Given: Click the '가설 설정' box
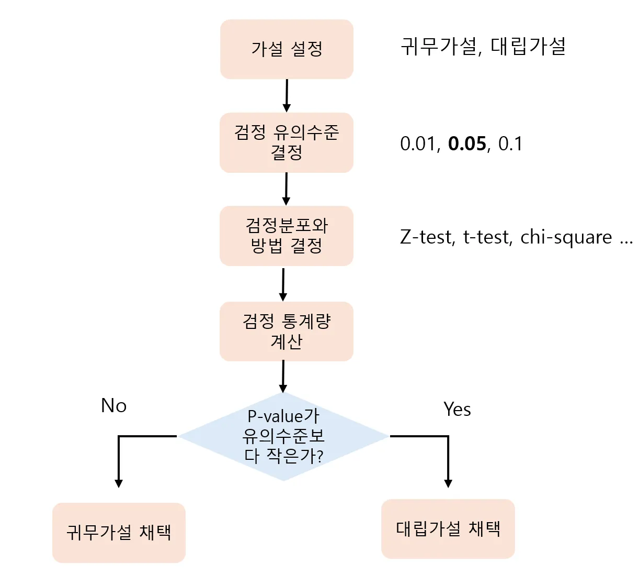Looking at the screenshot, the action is (287, 49).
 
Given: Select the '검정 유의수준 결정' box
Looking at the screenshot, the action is (287, 142).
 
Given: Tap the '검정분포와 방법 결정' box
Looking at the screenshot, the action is (287, 236).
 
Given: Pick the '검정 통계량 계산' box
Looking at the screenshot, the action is (287, 331).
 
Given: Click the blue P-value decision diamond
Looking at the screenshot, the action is (283, 436).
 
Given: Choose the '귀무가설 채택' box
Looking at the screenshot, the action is (119, 533).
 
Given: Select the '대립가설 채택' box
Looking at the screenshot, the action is (448, 528).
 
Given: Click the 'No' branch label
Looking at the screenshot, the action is (113, 406).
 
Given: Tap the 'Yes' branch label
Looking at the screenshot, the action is (457, 409).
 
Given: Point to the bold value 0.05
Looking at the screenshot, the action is (467, 144).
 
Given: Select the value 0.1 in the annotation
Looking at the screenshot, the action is (510, 144).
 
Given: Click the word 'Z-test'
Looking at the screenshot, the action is (427, 237).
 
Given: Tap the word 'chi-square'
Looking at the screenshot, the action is (566, 237).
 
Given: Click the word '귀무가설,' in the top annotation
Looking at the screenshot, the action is (440, 47).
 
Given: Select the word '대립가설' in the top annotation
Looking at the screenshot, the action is (528, 47).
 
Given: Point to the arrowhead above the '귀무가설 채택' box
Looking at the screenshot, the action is (119, 483).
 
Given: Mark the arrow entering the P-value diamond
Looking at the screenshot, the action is (283, 376).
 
